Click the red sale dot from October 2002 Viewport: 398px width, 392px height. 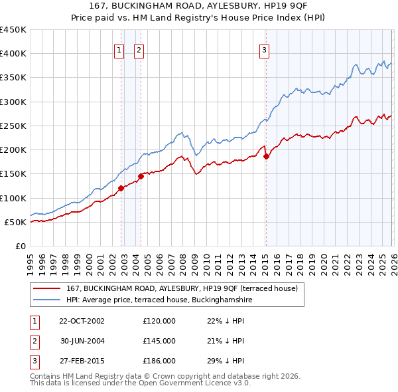pyautogui.click(x=121, y=188)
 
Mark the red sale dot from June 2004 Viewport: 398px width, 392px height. pyautogui.click(x=141, y=176)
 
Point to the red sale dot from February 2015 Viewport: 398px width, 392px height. pyautogui.click(x=266, y=157)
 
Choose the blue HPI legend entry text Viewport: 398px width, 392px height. pyautogui.click(x=159, y=300)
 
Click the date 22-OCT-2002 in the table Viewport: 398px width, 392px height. pyautogui.click(x=82, y=321)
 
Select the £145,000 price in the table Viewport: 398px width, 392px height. pyautogui.click(x=159, y=341)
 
